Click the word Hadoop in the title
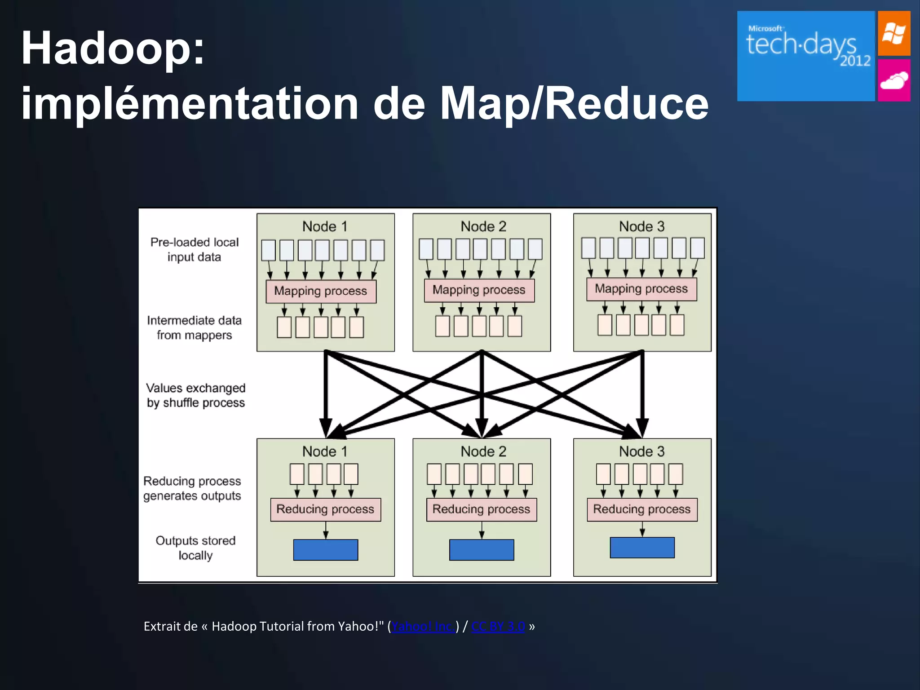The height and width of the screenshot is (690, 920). [x=112, y=49]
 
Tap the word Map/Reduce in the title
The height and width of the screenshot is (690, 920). [x=574, y=104]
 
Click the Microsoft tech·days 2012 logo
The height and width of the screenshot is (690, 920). [x=806, y=56]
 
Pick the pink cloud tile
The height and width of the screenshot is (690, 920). [x=894, y=80]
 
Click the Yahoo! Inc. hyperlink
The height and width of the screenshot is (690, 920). [x=423, y=626]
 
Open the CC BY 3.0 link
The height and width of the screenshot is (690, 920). [x=498, y=626]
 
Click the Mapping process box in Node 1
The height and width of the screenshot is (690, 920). [x=321, y=291]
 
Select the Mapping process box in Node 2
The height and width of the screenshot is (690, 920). [x=479, y=290]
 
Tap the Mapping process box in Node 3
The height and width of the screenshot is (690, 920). [x=641, y=289]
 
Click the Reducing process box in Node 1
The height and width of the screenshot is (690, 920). [x=325, y=509]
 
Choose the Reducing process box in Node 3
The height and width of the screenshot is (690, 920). [x=642, y=509]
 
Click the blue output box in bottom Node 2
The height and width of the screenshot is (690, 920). [x=482, y=550]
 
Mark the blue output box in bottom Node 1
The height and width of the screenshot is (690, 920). [x=325, y=550]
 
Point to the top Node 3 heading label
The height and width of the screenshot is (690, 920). [x=641, y=226]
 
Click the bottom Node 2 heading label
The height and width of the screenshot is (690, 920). [x=483, y=451]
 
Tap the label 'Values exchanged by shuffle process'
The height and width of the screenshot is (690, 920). [x=196, y=395]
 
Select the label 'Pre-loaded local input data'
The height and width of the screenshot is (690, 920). [x=195, y=249]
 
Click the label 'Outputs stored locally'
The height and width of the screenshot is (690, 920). [x=195, y=548]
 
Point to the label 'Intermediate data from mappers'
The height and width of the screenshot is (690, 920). [x=195, y=327]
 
